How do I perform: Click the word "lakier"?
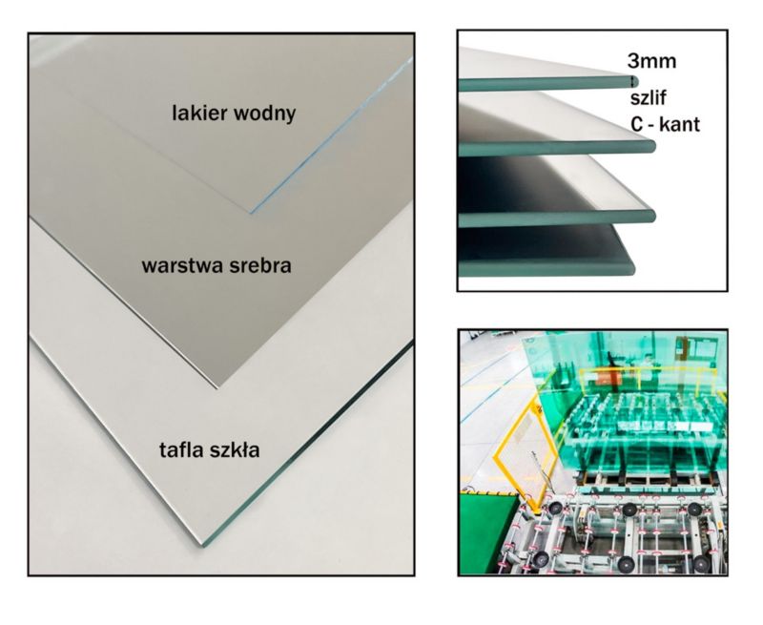tap(198, 114)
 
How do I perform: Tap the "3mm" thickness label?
tap(651, 63)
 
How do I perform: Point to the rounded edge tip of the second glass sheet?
tap(651, 147)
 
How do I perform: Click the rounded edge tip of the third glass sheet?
tap(653, 215)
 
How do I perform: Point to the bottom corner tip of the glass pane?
tap(202, 545)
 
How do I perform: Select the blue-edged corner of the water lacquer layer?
tap(252, 211)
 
